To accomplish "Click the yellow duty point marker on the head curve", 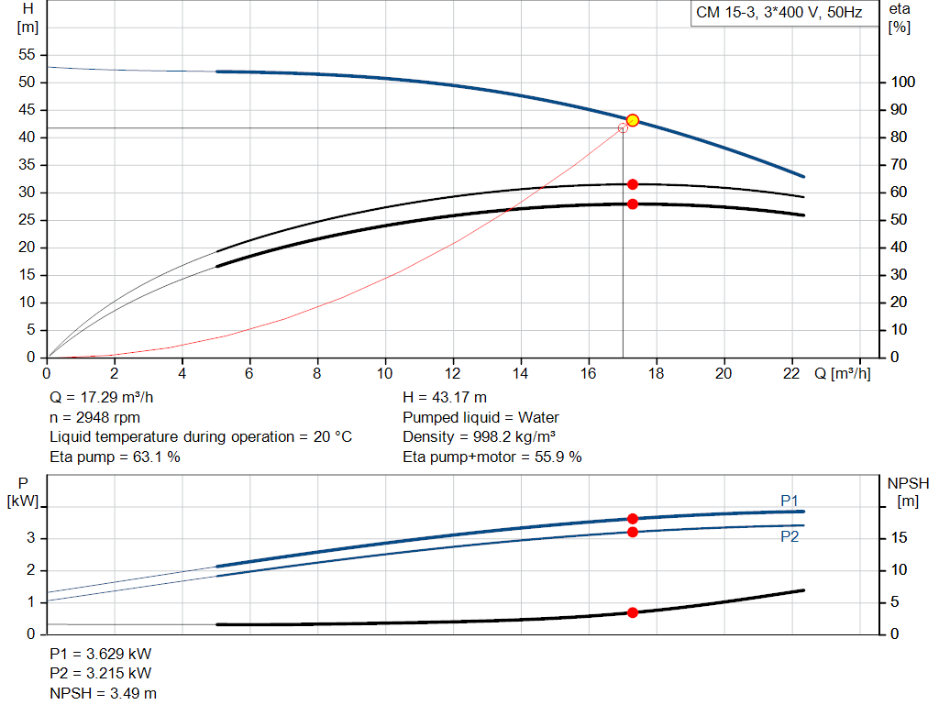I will (632, 120).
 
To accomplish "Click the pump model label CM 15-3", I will (777, 14).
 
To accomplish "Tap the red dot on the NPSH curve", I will (632, 612).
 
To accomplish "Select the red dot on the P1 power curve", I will (632, 519).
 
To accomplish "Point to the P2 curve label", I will (789, 537).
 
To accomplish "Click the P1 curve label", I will (789, 501).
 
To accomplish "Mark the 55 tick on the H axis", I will (28, 55).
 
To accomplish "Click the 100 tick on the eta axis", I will (902, 83).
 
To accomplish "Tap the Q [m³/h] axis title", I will (842, 373).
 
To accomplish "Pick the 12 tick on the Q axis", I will (453, 373).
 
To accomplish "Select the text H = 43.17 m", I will (445, 398).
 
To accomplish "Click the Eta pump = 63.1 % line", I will (115, 457).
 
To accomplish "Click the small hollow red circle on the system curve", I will (624, 127).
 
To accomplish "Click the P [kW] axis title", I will (23, 491).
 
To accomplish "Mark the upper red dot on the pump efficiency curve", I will (632, 184).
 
